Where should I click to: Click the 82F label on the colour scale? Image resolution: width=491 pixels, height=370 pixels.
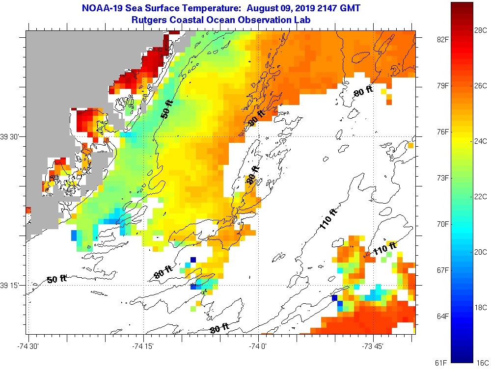coord(442,39)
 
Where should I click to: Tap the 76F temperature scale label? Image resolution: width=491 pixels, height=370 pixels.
coord(442,132)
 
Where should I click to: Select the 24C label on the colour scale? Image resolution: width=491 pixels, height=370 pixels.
coord(481,141)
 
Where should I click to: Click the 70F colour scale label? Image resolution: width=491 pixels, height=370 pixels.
coord(442,224)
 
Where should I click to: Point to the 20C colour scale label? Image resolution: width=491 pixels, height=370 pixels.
coord(481,252)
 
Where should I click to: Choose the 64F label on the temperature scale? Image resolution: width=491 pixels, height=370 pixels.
coord(442,316)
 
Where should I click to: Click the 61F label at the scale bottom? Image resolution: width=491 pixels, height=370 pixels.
coord(442,363)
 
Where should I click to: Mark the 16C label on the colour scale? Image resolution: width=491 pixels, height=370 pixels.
coord(481,363)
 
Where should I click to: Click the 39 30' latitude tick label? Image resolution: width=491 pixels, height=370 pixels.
coord(10,137)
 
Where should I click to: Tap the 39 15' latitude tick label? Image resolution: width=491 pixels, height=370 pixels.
coord(10,285)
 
